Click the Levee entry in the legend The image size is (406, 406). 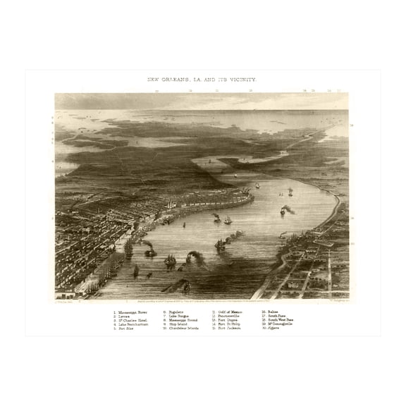pos(124,315)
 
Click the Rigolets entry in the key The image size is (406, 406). pos(176,311)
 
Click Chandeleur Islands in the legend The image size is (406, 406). pos(183,328)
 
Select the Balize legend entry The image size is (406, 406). pos(271,311)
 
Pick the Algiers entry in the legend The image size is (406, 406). pos(271,328)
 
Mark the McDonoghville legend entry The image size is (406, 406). pos(278,324)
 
